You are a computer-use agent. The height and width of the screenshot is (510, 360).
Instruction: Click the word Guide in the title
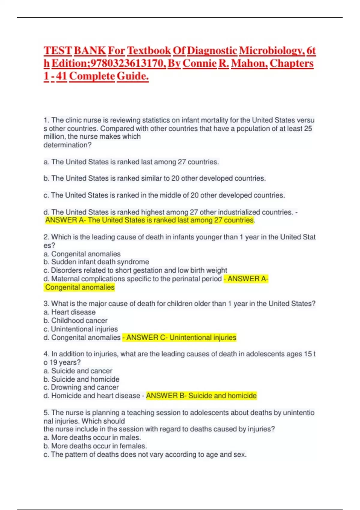(132, 76)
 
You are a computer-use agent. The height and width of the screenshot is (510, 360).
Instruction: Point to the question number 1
(46, 120)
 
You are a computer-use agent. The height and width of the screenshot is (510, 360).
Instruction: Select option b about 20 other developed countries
(154, 178)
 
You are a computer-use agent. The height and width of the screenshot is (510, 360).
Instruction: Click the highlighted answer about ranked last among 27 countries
(149, 220)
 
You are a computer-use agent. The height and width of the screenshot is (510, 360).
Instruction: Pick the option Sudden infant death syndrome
(100, 262)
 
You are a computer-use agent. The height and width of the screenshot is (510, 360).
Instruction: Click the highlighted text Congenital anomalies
(80, 287)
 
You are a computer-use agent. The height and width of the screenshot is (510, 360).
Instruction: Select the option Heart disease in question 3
(73, 312)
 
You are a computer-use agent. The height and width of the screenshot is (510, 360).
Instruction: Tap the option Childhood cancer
(79, 321)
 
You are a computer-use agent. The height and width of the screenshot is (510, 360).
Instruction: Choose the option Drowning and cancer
(85, 387)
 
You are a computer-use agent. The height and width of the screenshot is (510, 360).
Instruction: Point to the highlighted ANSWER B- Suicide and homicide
(201, 396)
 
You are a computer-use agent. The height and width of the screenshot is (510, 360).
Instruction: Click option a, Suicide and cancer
(82, 371)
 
